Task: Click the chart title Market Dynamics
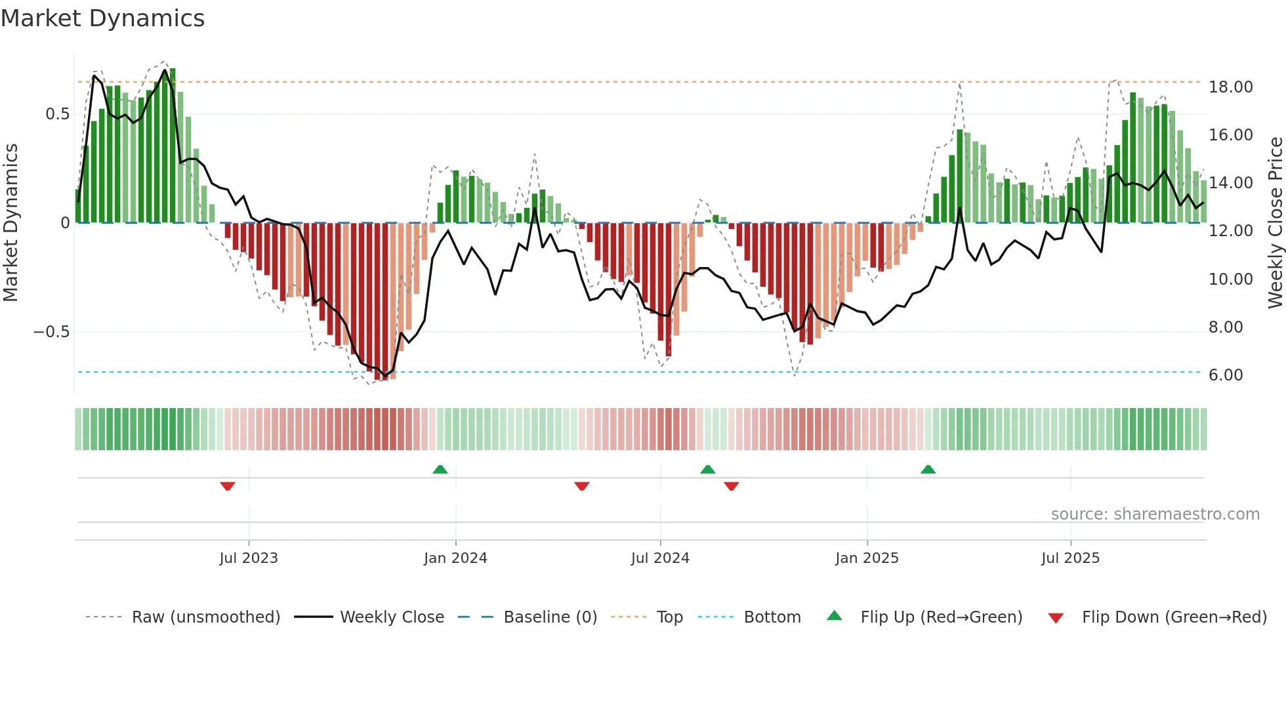point(102,18)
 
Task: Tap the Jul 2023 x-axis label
point(249,558)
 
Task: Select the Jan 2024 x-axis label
point(455,558)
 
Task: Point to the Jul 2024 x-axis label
point(660,558)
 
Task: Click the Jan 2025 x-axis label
point(867,558)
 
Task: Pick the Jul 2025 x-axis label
point(1070,558)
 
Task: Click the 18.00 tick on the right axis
point(1231,87)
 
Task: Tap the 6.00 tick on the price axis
point(1226,375)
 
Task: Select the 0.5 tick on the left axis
point(58,114)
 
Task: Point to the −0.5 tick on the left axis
point(52,332)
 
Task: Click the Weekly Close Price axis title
point(1275,222)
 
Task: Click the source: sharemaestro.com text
point(1155,514)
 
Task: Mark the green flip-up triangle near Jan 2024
point(440,470)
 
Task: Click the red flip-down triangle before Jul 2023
point(228,486)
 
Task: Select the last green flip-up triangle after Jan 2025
point(928,470)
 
